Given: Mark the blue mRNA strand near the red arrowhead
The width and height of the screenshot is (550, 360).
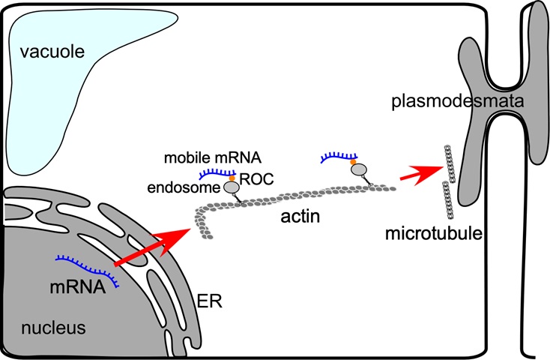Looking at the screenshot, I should point(339,157).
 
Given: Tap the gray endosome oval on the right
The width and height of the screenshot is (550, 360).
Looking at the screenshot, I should point(359,170).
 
